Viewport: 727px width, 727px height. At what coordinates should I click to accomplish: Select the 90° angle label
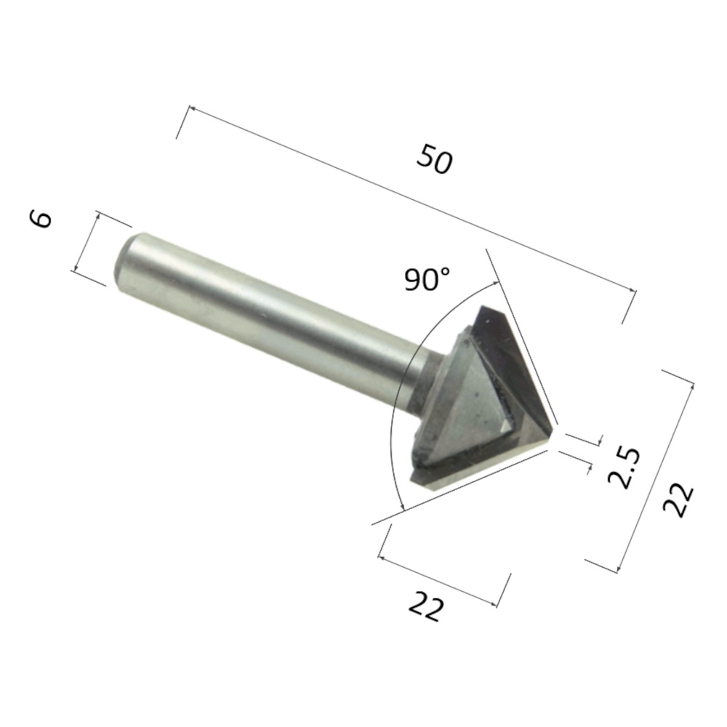click(x=427, y=278)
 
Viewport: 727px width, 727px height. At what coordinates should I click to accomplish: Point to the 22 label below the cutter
click(x=425, y=606)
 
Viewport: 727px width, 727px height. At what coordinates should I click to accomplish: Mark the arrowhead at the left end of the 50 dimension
click(x=190, y=110)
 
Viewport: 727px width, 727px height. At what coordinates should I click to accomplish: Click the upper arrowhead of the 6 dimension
click(x=100, y=216)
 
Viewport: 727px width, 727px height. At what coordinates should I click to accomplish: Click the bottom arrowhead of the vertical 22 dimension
click(x=616, y=569)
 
